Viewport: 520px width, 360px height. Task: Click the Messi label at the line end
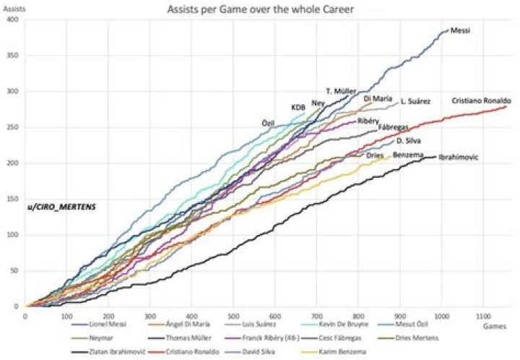459,31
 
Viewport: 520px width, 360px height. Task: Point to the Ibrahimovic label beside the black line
459,156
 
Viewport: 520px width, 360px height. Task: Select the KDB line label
298,108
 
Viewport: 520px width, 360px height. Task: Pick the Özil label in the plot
268,123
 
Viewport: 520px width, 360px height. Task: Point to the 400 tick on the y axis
14,20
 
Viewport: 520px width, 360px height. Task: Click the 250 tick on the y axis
14,127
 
